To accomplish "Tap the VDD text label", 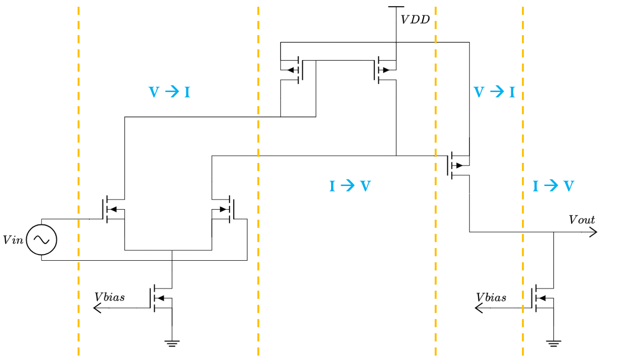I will [415, 20].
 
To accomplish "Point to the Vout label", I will [582, 220].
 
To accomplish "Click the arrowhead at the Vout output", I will [593, 232].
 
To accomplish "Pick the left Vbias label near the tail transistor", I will [109, 297].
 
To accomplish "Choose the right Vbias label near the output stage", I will [491, 297].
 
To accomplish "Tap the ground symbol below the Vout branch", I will [554, 344].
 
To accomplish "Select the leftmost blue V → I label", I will [169, 92].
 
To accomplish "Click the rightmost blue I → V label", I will [553, 186].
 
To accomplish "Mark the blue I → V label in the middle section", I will [350, 186].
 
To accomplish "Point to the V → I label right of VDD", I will [494, 92].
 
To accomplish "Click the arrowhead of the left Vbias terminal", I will [97, 308].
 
